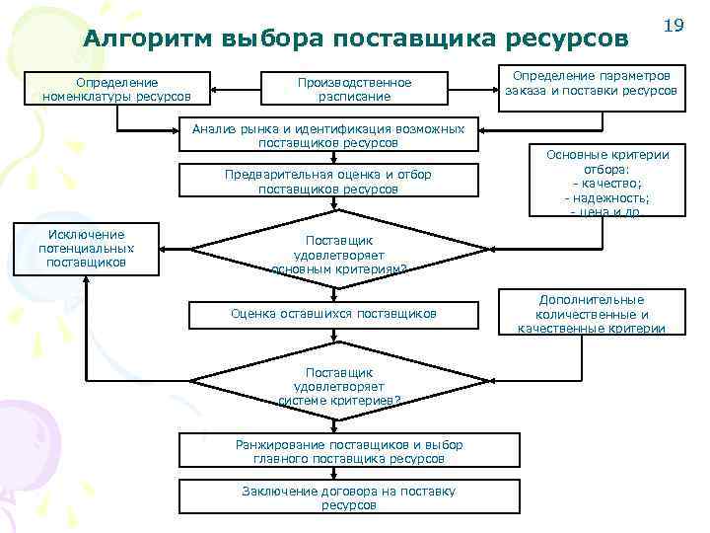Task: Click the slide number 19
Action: click(674, 24)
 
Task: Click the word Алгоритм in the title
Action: click(149, 38)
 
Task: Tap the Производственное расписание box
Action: click(354, 90)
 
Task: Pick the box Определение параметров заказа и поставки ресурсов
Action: click(592, 83)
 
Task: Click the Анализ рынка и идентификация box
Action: click(327, 135)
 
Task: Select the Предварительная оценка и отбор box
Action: click(327, 182)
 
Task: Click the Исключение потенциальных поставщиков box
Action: click(87, 249)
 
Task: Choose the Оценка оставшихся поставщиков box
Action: click(332, 313)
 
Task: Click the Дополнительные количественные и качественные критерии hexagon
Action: click(592, 314)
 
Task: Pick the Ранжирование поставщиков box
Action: click(348, 451)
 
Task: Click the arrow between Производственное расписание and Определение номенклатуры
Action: click(233, 90)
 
